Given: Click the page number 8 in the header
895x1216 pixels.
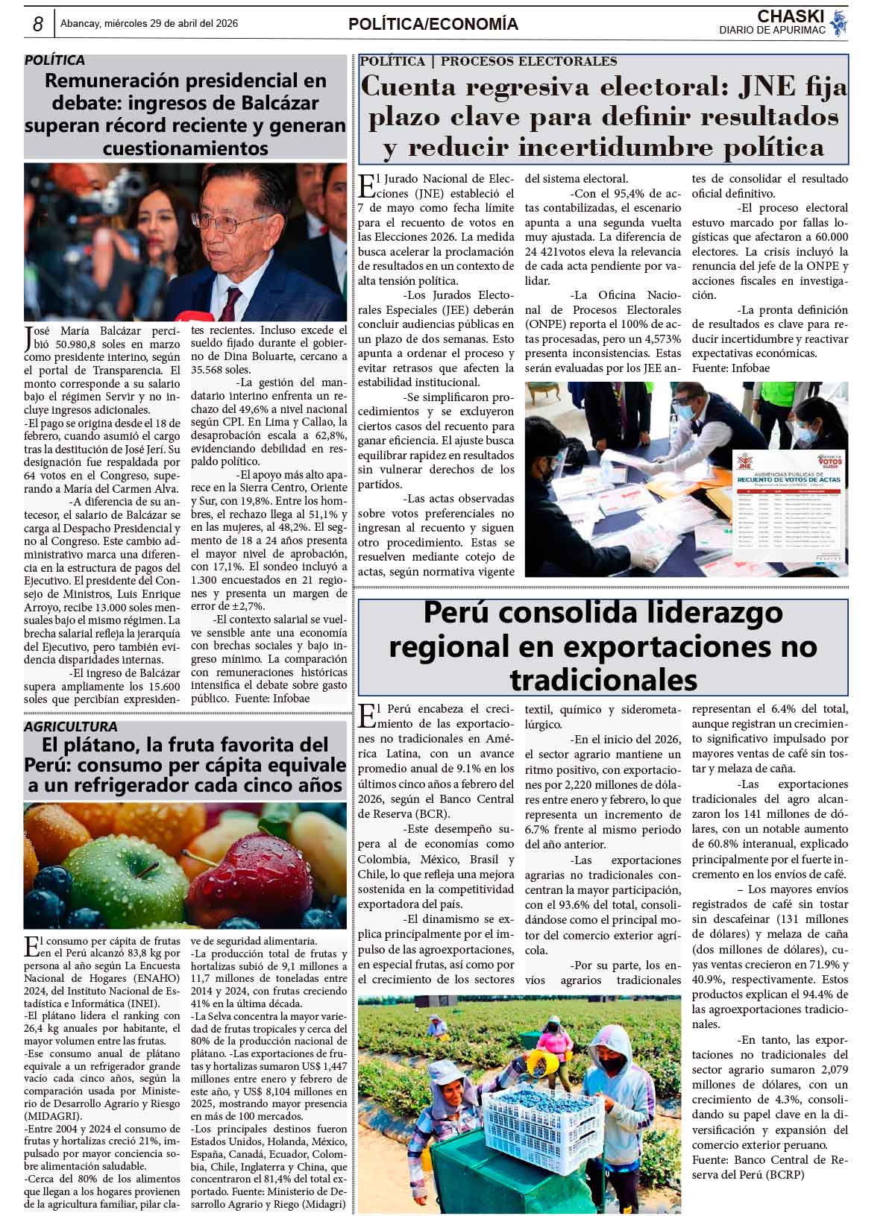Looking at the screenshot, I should tap(37, 24).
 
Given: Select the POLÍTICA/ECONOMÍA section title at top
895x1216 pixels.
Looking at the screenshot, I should tap(433, 25).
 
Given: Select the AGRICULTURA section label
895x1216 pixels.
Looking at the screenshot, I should tap(71, 726).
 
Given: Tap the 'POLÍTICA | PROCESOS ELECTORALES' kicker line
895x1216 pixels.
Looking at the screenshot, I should tap(489, 61).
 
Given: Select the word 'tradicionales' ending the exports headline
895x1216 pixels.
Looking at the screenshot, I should tap(603, 679).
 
